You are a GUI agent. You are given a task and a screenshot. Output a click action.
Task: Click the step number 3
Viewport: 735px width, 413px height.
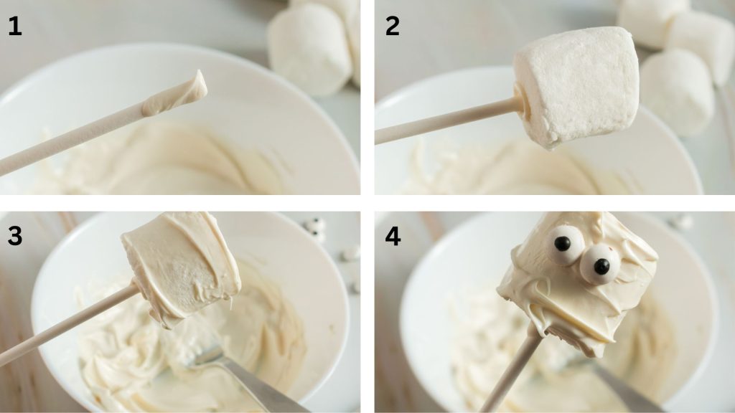coord(14,236)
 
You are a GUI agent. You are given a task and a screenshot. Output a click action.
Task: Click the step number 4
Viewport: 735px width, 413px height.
coord(393,236)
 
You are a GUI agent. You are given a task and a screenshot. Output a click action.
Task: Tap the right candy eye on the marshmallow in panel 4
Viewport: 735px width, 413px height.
coord(599,266)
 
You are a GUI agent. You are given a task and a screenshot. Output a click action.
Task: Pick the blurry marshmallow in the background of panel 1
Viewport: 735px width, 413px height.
coord(310,47)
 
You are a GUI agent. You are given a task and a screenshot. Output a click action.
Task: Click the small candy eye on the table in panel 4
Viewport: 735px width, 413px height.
coord(681,222)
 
